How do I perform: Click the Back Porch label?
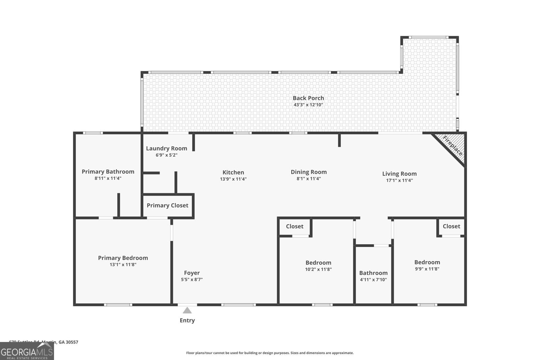(x=308, y=98)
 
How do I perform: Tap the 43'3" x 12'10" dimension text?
(x=308, y=105)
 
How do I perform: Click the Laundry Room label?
(x=166, y=148)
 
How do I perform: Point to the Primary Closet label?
(x=167, y=205)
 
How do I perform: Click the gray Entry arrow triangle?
(x=187, y=310)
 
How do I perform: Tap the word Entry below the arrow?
(x=187, y=321)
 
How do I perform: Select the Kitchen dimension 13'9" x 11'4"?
(x=233, y=179)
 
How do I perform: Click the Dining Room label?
(x=308, y=172)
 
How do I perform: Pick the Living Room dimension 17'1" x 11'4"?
(x=399, y=181)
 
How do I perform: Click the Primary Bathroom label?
(x=108, y=172)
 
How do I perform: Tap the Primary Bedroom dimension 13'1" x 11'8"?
(x=123, y=265)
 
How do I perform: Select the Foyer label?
(x=192, y=273)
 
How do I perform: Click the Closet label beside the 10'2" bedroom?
(x=295, y=226)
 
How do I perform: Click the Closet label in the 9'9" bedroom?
(x=451, y=226)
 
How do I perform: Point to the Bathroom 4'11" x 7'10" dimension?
(x=373, y=280)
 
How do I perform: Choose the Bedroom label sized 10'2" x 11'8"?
(x=318, y=263)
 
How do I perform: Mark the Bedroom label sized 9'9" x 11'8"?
(x=427, y=262)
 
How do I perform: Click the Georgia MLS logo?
(x=27, y=351)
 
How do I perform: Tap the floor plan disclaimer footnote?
(x=270, y=353)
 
